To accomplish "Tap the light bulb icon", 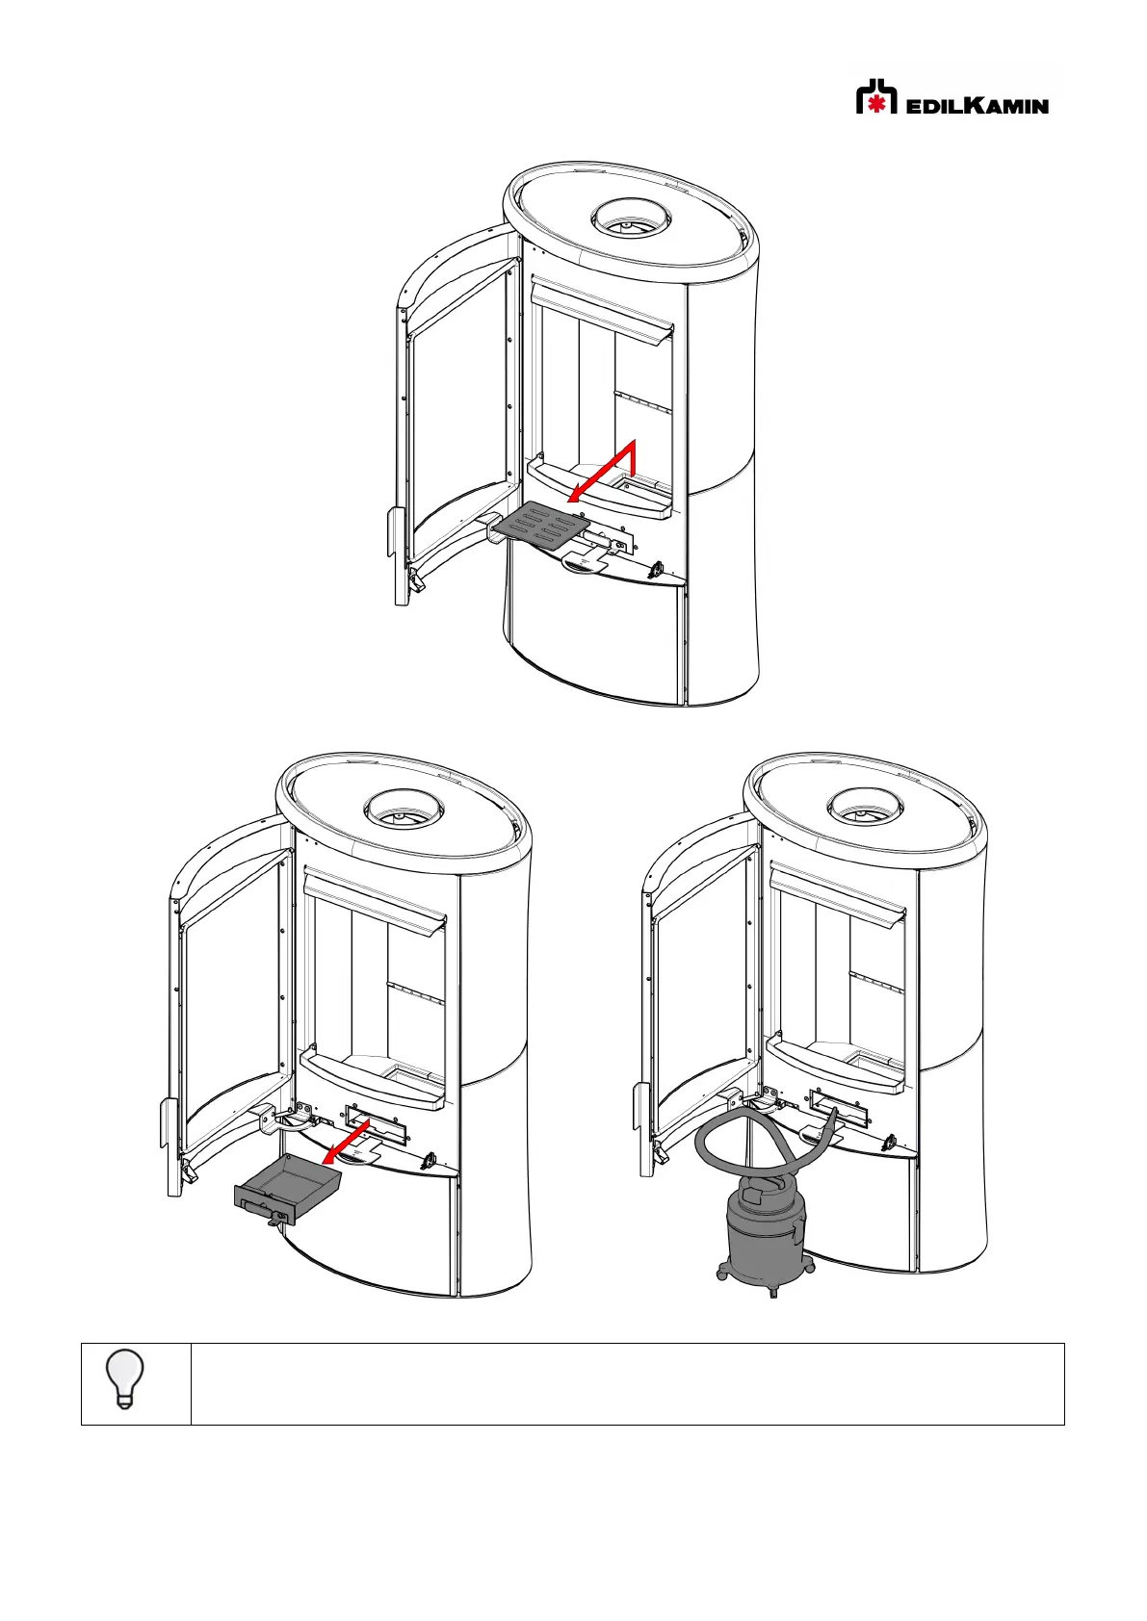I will coord(125,1378).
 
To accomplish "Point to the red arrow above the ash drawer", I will coord(347,1142).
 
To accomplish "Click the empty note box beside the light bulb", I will coord(626,1383).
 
